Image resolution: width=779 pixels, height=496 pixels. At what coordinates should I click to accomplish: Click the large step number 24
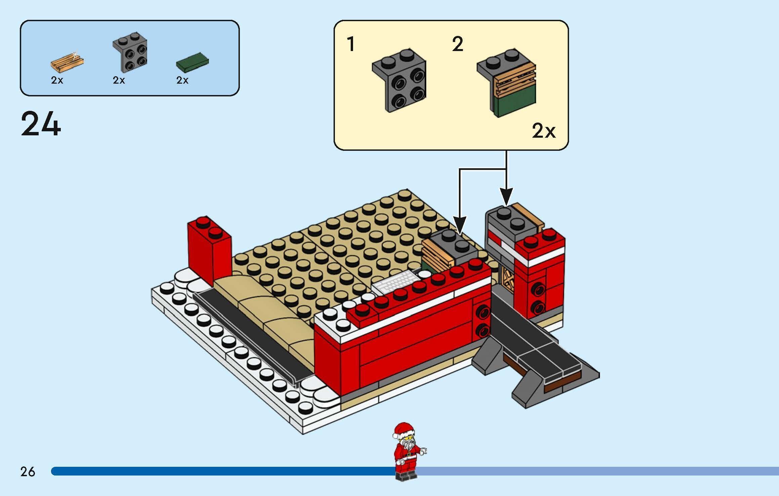(41, 124)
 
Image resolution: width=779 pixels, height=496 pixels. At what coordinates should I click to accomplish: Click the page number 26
(28, 471)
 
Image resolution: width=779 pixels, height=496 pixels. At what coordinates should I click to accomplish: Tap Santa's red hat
(404, 430)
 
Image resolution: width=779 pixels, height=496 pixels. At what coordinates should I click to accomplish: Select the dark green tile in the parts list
(192, 62)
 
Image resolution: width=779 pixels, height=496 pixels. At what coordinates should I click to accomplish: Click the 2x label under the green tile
(182, 80)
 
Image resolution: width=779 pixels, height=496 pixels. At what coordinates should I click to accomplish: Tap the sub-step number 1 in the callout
(351, 44)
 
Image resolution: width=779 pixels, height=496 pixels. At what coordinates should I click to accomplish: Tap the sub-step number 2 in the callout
(458, 44)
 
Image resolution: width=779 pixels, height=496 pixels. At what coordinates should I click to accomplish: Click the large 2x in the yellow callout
(543, 131)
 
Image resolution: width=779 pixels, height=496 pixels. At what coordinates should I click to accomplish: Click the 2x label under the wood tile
(57, 80)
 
